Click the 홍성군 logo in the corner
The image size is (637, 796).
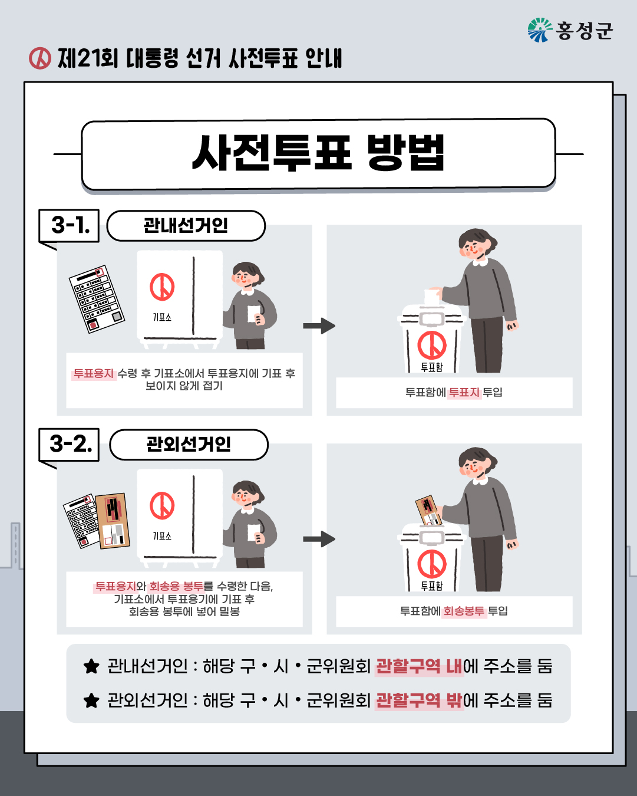tap(570, 30)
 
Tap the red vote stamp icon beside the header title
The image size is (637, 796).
tap(40, 58)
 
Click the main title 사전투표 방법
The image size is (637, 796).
tap(318, 154)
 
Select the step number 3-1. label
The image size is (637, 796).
tap(70, 225)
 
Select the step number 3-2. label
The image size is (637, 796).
tap(70, 443)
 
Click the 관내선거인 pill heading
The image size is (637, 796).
tap(186, 225)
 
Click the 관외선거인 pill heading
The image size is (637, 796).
tap(189, 444)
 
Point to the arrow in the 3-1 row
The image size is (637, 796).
tap(319, 325)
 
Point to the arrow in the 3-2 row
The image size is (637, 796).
tap(319, 539)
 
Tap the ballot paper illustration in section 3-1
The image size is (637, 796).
tap(97, 299)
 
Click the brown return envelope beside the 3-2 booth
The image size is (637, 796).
tap(113, 521)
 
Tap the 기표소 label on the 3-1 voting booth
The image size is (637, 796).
tap(161, 317)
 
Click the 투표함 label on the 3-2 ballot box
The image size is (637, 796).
tap(431, 586)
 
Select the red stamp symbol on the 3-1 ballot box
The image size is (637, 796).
tap(432, 346)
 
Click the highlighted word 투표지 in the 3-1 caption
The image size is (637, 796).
tap(464, 392)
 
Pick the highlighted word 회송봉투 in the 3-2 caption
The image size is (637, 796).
tap(464, 611)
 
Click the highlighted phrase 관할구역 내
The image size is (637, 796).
tap(419, 666)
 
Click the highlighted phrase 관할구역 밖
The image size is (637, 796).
tap(419, 700)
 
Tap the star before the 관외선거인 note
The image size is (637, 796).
tap(91, 700)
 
